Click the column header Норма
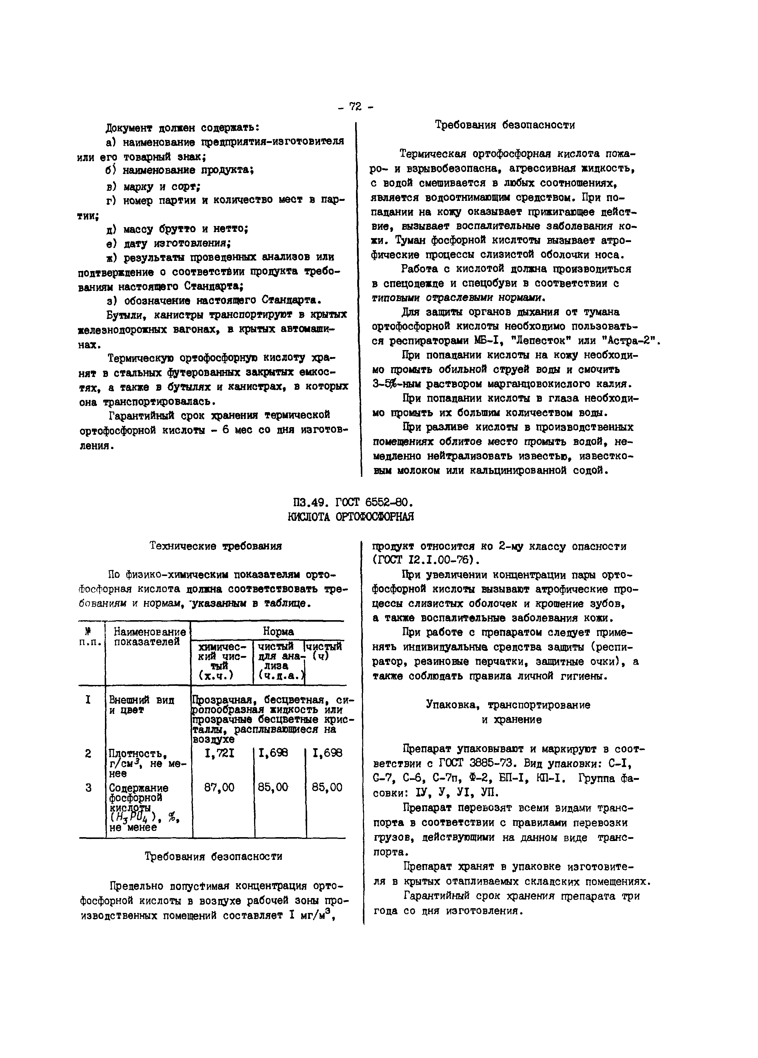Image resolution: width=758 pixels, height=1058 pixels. (278, 632)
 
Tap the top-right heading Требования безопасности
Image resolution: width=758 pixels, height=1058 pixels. (505, 125)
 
